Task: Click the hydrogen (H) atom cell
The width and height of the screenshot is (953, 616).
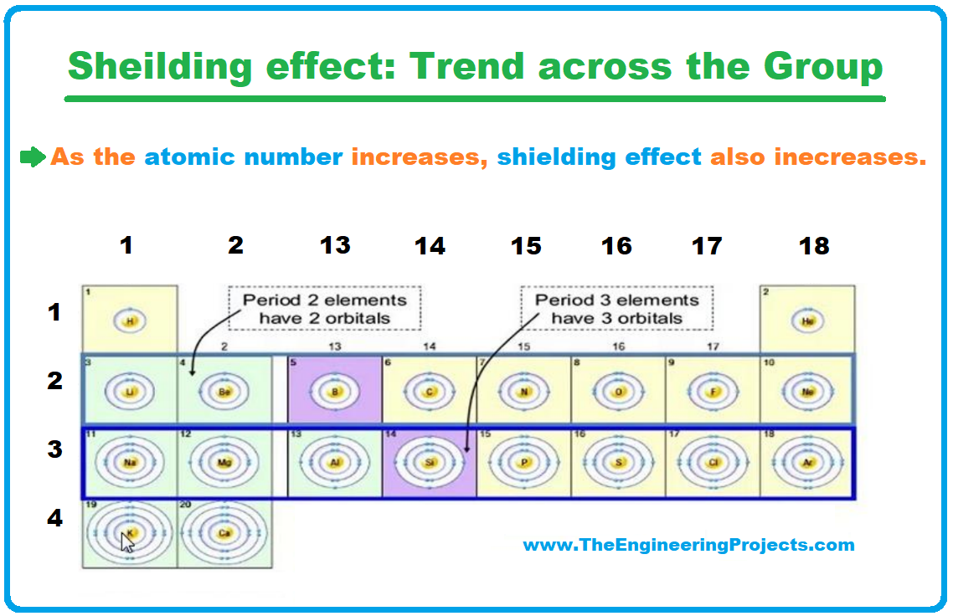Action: point(129,321)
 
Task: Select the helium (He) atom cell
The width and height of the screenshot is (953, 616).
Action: point(807,321)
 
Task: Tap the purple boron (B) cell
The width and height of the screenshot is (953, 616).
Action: point(335,390)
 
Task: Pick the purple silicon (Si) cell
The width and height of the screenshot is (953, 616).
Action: point(430,462)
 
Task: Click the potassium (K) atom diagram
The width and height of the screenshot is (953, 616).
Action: point(130,533)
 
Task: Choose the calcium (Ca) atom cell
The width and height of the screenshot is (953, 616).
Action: point(224,533)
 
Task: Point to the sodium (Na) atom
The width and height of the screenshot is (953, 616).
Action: point(130,462)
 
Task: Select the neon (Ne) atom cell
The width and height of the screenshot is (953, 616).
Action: point(807,390)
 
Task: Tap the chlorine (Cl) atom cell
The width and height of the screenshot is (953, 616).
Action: point(713,462)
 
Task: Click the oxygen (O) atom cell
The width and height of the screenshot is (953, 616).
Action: point(619,390)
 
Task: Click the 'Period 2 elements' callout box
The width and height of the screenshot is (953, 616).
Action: point(324,308)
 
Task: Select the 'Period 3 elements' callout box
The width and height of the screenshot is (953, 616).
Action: point(616,308)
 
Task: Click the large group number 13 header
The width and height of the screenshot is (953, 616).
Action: point(335,245)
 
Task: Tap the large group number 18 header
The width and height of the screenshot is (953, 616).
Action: point(813,245)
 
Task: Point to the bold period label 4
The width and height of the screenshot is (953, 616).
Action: point(54,519)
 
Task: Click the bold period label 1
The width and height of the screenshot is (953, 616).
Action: point(54,313)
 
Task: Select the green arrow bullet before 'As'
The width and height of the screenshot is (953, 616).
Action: point(33,157)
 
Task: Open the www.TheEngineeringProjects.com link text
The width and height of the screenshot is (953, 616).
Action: point(688,546)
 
